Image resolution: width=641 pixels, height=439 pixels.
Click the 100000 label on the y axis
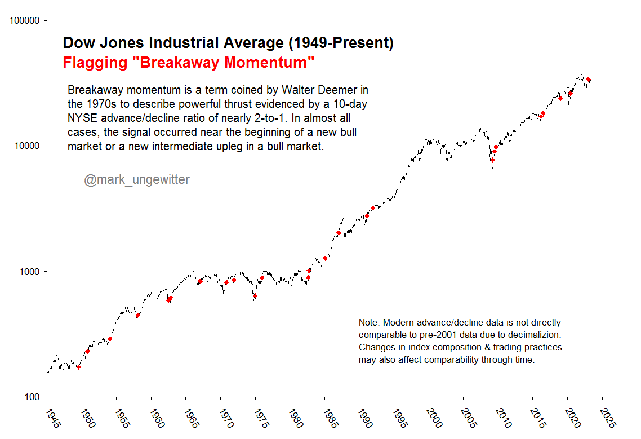[x=24, y=21]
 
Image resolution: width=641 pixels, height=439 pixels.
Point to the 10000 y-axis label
[x=26, y=146]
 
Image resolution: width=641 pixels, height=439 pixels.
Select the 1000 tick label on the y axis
[x=28, y=271]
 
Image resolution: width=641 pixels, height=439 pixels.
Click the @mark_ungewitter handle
[x=137, y=180]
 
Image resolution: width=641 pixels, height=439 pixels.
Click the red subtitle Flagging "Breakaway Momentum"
[x=189, y=62]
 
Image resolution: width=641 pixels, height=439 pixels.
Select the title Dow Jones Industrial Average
[x=228, y=43]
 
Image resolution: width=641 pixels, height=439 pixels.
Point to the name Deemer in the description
[x=340, y=90]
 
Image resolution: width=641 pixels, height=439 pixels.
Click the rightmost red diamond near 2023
[x=588, y=80]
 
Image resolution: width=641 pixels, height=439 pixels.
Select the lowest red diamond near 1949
[x=79, y=367]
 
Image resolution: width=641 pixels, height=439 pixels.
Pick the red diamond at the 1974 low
[x=255, y=296]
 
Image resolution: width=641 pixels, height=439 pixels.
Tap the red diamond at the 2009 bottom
[x=492, y=160]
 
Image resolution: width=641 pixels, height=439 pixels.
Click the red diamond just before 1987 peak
[x=339, y=232]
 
